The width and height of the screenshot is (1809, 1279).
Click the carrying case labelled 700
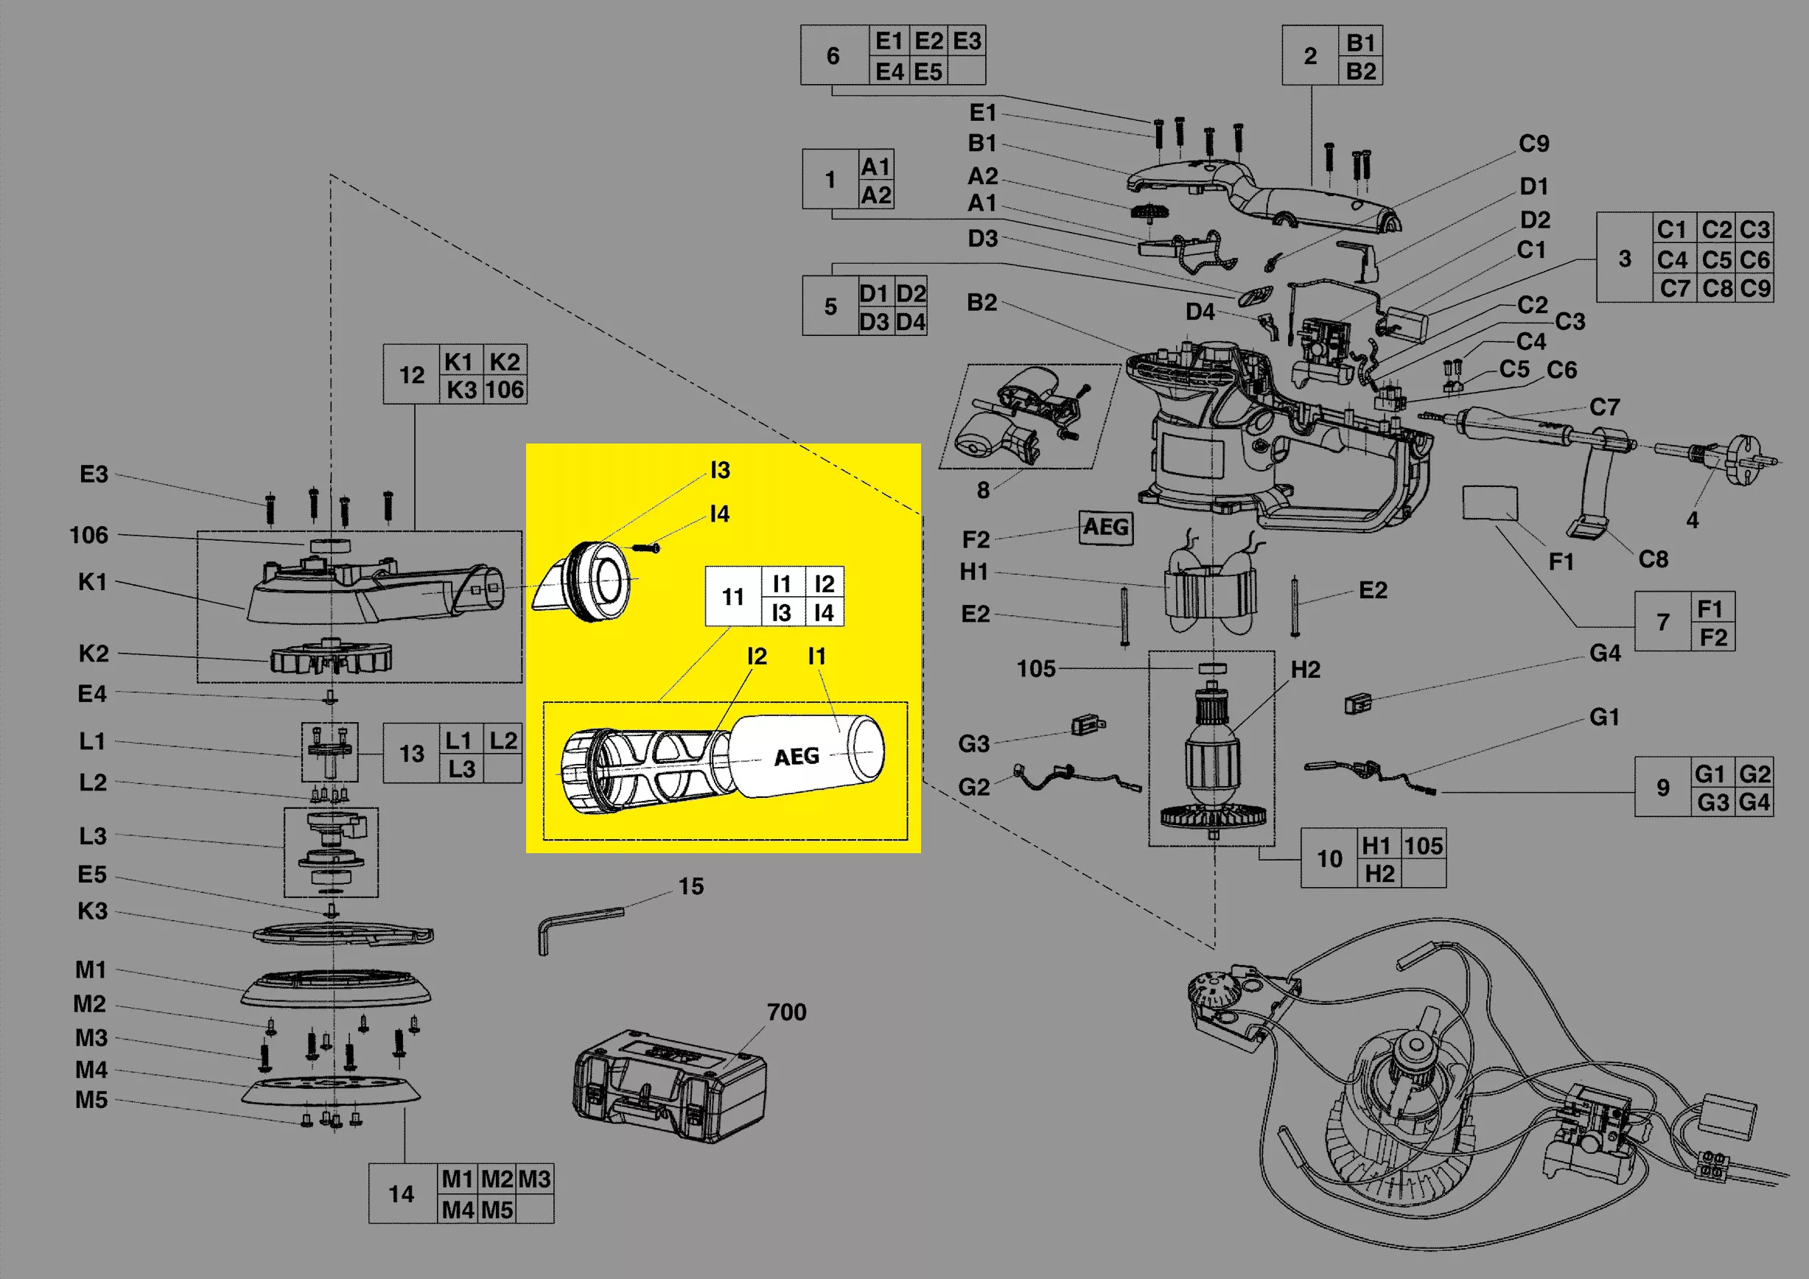(670, 1087)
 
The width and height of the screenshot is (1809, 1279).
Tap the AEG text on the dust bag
(797, 756)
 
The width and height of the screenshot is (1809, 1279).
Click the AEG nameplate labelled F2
(1106, 527)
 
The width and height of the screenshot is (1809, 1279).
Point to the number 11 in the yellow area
(732, 597)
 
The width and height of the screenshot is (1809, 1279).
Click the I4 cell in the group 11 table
(824, 612)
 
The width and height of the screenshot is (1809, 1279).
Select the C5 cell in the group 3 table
(1716, 259)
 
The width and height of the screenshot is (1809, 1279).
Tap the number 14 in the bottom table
(401, 1194)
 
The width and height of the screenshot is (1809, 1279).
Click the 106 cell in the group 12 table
(504, 389)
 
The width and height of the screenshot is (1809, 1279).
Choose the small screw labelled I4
(646, 547)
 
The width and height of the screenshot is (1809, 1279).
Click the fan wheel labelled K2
(332, 658)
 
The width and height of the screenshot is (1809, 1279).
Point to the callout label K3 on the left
(92, 911)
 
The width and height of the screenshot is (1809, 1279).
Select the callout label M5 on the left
(91, 1099)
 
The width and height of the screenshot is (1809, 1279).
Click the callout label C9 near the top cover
(1533, 144)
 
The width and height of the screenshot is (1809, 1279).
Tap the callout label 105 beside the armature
(1036, 669)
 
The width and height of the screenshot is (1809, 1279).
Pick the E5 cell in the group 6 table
(928, 71)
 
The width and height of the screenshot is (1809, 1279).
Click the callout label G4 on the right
(1605, 653)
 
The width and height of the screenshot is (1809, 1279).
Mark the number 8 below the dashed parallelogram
(983, 491)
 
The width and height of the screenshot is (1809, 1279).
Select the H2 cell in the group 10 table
(1379, 873)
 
